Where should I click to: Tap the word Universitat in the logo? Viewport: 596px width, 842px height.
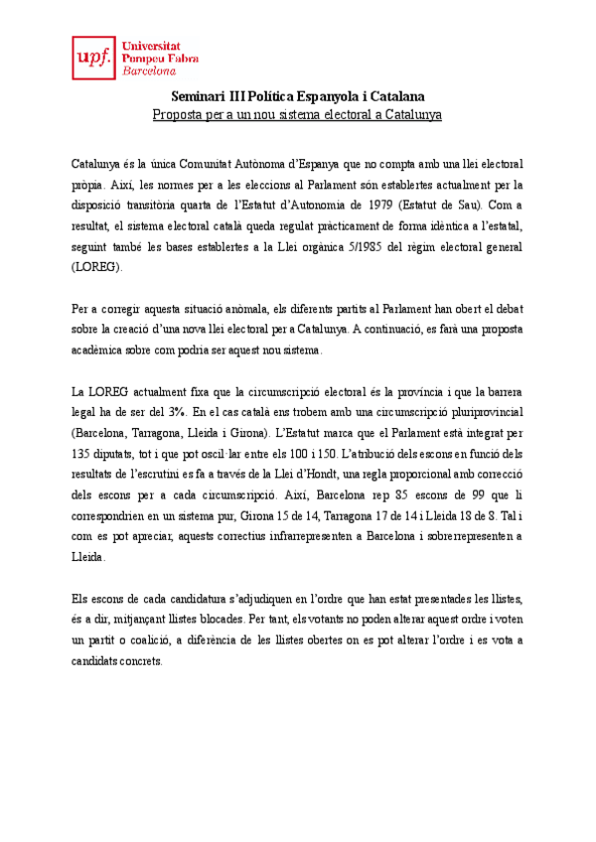150,45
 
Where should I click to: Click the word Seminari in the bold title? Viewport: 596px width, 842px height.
198,96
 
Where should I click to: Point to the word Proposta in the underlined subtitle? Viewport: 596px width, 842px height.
178,115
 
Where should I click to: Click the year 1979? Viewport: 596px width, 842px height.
382,205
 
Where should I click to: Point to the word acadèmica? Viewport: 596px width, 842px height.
105,351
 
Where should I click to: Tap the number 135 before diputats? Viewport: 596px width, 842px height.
84,456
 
